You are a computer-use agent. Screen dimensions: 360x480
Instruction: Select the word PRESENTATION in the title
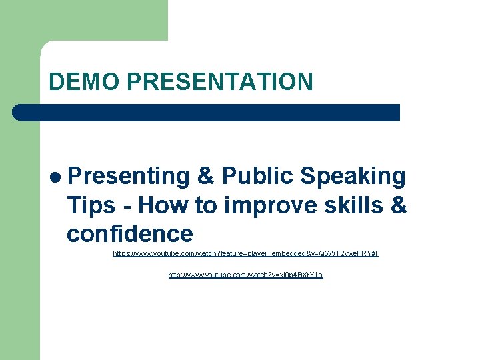(x=219, y=81)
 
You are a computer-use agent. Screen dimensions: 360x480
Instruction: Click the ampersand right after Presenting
(x=206, y=176)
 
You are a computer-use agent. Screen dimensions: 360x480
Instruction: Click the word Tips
(x=91, y=205)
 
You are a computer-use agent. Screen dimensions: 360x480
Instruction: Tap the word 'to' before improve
(x=209, y=205)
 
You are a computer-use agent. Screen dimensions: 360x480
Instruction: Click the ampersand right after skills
(x=398, y=205)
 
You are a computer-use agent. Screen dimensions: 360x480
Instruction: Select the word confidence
(x=129, y=234)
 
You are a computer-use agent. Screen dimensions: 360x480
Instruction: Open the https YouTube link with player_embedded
(x=245, y=254)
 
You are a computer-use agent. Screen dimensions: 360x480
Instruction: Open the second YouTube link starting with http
(x=245, y=275)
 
